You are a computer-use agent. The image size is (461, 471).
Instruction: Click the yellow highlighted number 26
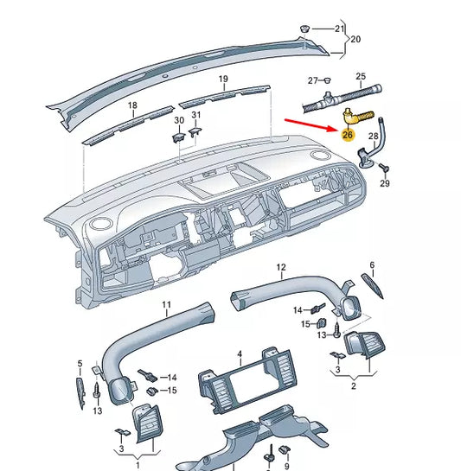(x=347, y=133)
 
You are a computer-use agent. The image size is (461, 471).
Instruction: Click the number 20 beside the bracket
(x=355, y=39)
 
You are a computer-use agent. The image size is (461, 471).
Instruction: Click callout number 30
(x=179, y=120)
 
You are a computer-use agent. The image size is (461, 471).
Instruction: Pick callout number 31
(x=196, y=115)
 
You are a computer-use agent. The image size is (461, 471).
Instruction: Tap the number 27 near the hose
(x=314, y=80)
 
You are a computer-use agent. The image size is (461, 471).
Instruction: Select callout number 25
(x=361, y=76)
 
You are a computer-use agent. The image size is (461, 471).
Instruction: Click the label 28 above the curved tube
(x=374, y=137)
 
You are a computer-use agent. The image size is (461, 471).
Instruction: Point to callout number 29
(x=385, y=183)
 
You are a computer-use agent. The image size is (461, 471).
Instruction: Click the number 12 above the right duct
(x=280, y=268)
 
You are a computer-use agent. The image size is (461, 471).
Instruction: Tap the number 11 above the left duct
(x=167, y=305)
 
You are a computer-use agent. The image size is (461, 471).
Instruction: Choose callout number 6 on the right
(x=372, y=265)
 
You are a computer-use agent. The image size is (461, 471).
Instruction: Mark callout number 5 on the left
(x=80, y=364)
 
